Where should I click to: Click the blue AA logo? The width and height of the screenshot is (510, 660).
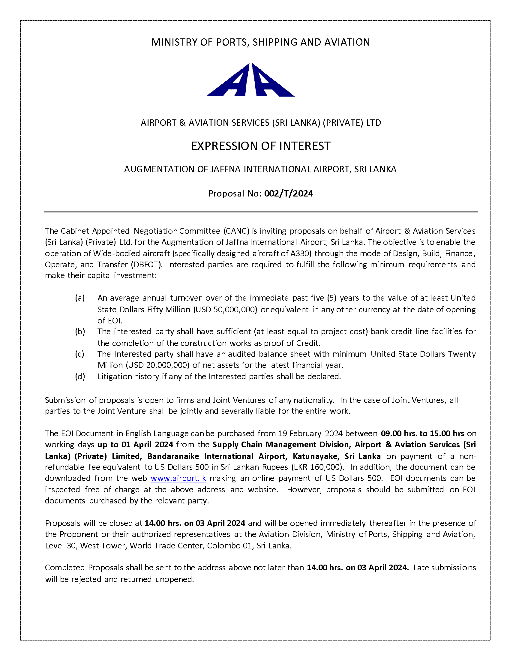pos(250,80)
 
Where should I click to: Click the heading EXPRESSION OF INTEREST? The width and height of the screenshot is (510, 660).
pos(261,146)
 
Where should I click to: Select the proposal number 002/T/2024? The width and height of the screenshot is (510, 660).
pos(289,193)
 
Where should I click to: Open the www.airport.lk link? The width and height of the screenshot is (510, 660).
pos(178,478)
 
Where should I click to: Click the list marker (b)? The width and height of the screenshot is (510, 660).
pos(80,331)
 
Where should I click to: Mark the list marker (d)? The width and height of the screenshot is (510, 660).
pos(80,376)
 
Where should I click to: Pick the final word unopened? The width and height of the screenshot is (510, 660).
pos(174,579)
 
